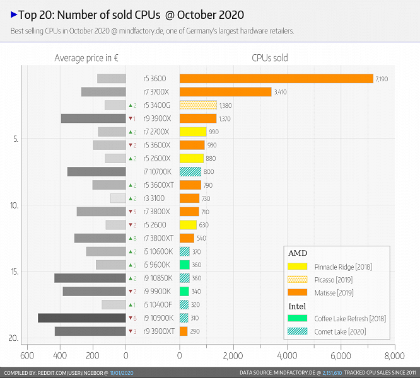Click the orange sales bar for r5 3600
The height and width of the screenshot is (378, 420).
(276, 79)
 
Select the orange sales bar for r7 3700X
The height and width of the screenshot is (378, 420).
(225, 92)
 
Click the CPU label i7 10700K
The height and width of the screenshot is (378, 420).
(155, 171)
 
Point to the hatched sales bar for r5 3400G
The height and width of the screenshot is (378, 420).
(198, 105)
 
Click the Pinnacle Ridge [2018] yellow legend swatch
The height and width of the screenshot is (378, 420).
(298, 266)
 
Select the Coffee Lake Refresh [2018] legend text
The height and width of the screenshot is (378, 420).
(346, 318)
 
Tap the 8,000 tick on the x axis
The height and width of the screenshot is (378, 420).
(395, 355)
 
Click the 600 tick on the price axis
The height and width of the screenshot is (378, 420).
(27, 355)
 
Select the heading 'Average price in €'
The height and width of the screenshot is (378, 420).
(87, 58)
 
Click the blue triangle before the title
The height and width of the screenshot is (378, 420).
(14, 14)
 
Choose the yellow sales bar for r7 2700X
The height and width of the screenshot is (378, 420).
(193, 132)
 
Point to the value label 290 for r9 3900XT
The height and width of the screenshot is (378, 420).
(195, 331)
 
